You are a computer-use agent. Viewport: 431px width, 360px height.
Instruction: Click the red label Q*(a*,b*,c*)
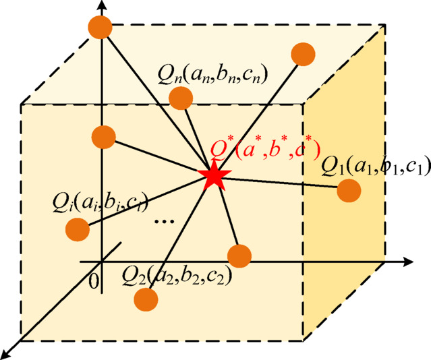point(263,149)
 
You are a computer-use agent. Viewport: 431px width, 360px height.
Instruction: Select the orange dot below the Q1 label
point(349,191)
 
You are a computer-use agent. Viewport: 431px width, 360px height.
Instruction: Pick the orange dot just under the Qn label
point(181,98)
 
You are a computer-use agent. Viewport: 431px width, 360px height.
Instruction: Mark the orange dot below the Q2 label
point(146,299)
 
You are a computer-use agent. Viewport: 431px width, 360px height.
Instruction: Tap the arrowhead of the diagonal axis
point(7,353)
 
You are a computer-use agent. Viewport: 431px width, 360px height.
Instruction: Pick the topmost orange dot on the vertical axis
point(100,27)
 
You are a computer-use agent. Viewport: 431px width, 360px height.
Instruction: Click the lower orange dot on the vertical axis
point(103,137)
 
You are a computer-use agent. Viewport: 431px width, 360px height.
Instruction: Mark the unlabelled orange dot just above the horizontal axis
point(239,256)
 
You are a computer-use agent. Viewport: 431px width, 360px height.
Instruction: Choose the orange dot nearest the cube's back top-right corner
point(304,54)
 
